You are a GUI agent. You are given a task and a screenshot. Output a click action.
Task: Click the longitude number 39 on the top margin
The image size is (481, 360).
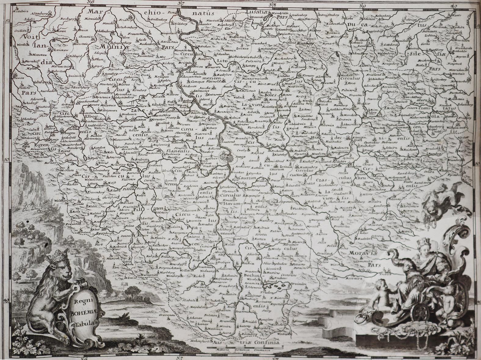[x=362, y=5]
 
